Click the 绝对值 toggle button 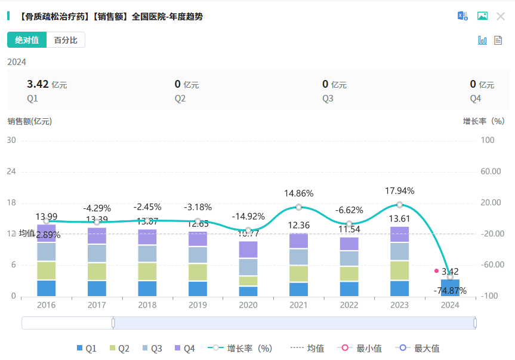point(27,40)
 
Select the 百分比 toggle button point(66,40)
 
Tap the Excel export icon point(462,16)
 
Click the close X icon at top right point(501,16)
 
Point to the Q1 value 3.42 point(38,84)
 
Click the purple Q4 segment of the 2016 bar point(46,233)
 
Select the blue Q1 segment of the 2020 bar point(248,291)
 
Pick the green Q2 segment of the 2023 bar point(400,270)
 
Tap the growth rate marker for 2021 point(299,207)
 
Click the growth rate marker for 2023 point(400,205)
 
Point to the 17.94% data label point(400,191)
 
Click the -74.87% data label point(450,291)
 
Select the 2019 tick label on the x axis point(198,305)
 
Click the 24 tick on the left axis point(11,171)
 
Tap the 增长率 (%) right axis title point(484,121)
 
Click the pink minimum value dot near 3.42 point(436,271)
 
